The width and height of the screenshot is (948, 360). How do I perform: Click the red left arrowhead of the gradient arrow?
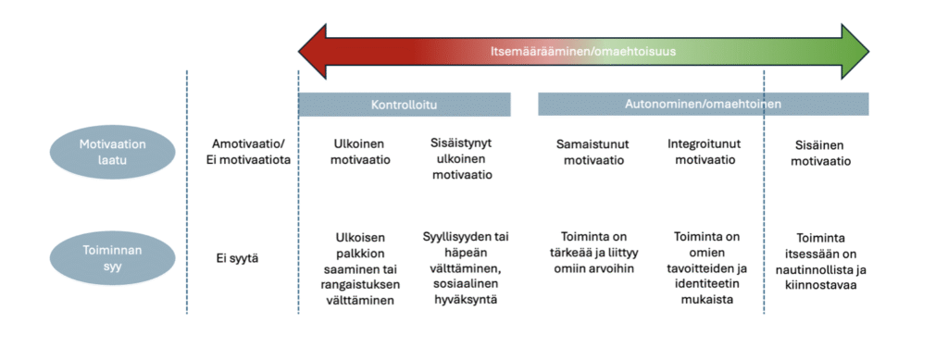pos(313,51)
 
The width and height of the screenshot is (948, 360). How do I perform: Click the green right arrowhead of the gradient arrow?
pos(855,51)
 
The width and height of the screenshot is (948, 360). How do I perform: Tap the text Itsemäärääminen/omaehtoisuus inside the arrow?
pos(583,51)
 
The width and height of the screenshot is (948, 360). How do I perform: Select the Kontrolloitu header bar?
pos(404,104)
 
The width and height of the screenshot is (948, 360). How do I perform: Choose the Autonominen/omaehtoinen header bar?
pos(704,104)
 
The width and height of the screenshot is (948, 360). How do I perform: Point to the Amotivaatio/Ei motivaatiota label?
pos(248,152)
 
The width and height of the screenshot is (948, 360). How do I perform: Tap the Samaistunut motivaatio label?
pos(593,152)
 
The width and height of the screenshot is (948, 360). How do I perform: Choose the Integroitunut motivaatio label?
pos(705,152)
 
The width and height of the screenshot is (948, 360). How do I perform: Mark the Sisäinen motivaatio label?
pos(820,154)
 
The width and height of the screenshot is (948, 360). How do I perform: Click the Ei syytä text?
pos(238,258)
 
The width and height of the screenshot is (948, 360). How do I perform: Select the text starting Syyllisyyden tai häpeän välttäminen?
pos(466,267)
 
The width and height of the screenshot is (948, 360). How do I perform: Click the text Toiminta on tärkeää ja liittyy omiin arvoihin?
pos(593,252)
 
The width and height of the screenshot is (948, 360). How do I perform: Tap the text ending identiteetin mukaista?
pos(706,267)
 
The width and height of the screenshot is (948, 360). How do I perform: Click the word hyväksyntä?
pos(466,298)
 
